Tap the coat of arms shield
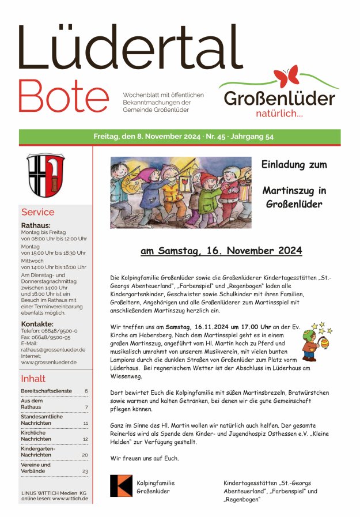[x=46, y=175]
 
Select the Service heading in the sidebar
[x=37, y=212]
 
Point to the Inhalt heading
[x=33, y=379]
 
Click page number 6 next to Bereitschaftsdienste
[x=86, y=391]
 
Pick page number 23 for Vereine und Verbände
[x=85, y=471]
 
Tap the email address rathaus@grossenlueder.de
[x=53, y=349]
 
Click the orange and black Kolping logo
[x=121, y=486]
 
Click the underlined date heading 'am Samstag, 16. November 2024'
[x=221, y=251]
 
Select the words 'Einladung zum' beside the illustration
[x=294, y=164]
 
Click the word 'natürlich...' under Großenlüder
[x=279, y=114]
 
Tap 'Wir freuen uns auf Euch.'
[x=144, y=458]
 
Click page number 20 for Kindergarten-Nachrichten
[x=85, y=455]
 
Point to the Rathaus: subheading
[x=36, y=225]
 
